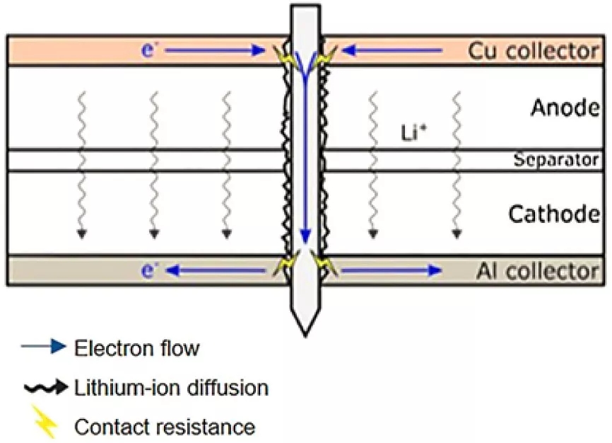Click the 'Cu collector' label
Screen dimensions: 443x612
(533, 51)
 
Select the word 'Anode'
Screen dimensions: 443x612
(565, 109)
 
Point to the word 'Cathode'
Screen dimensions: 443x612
(554, 214)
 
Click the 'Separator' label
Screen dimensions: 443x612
(556, 161)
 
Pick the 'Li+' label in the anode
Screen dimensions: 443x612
(413, 133)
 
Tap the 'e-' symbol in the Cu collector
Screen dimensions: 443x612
(148, 51)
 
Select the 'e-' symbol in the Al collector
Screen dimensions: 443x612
(148, 270)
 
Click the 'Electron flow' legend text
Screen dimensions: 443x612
(136, 348)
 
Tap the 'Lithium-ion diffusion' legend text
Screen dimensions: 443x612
(170, 388)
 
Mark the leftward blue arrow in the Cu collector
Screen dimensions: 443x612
(396, 50)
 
